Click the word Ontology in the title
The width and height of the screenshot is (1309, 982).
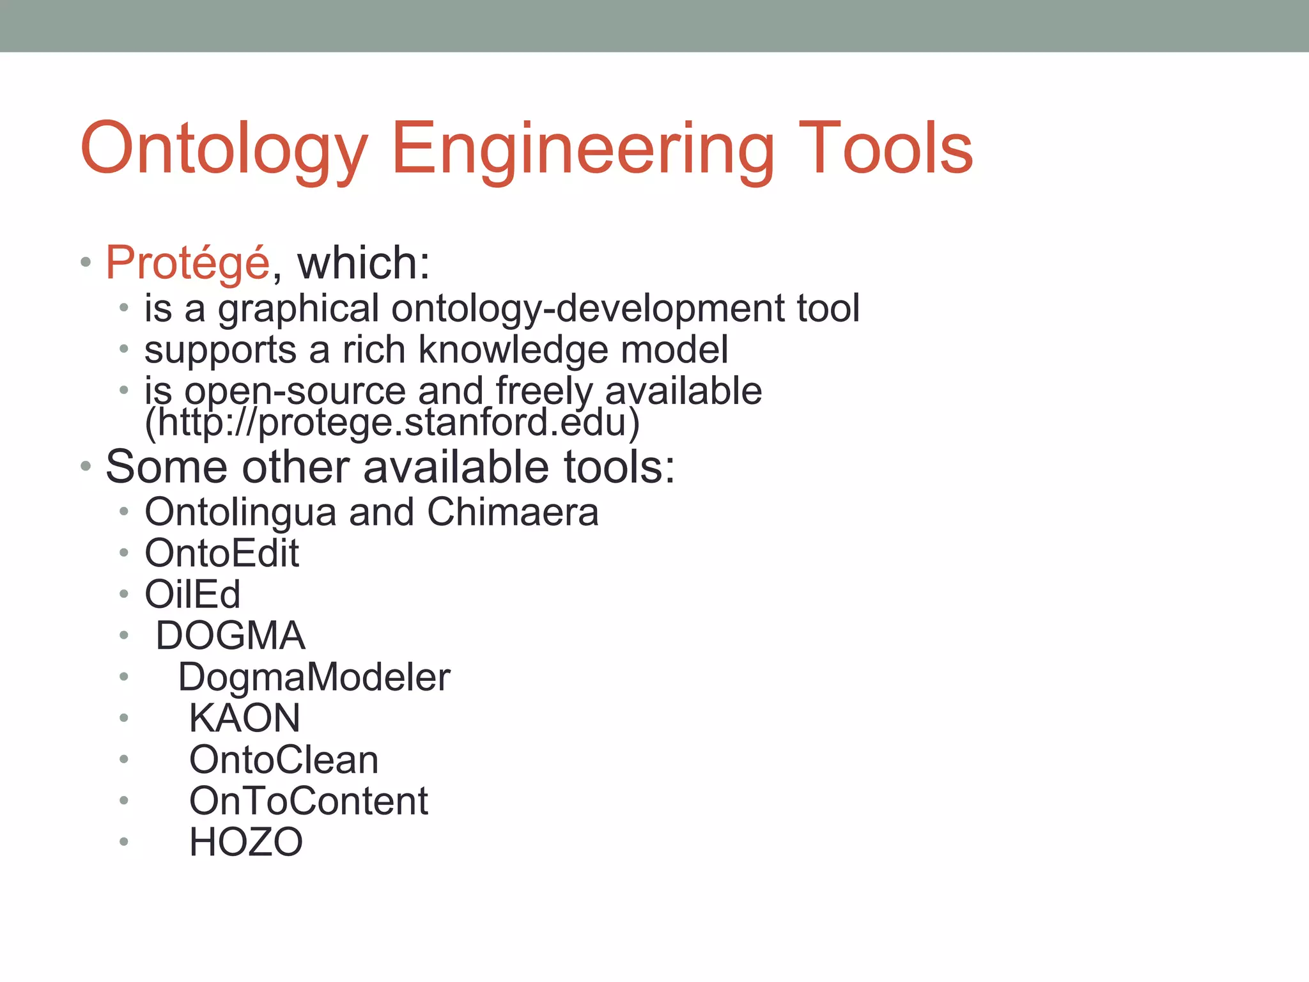(224, 148)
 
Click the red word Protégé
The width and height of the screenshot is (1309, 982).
(188, 263)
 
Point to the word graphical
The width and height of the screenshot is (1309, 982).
(298, 309)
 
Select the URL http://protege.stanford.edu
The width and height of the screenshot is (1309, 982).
(392, 423)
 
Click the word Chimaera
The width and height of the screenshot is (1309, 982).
(513, 512)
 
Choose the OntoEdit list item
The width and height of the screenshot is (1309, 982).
(222, 553)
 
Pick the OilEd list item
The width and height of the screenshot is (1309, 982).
(192, 595)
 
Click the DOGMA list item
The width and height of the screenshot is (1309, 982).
(230, 635)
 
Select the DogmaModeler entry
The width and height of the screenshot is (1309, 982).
(314, 677)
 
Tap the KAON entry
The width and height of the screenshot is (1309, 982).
(245, 718)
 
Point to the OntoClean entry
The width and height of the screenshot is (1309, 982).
(284, 760)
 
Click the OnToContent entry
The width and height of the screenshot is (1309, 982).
(309, 800)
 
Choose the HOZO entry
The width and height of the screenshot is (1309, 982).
(246, 842)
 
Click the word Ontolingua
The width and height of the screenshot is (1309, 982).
(240, 512)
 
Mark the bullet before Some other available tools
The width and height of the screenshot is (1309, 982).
(86, 467)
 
